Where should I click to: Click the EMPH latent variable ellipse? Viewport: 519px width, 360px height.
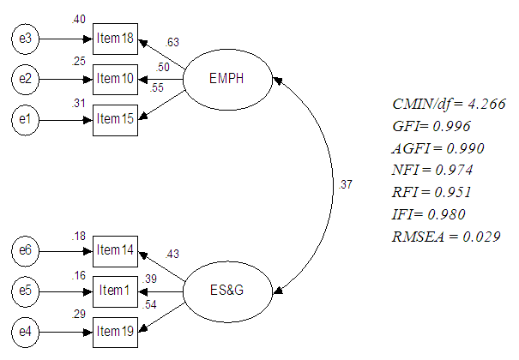pos(227,80)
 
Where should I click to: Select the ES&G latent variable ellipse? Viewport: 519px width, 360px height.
pos(227,291)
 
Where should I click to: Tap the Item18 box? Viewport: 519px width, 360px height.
pos(115,39)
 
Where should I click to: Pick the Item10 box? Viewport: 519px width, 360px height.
pos(115,79)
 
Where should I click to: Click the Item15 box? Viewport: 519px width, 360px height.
pos(115,118)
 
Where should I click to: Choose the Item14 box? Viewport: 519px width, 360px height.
pos(115,251)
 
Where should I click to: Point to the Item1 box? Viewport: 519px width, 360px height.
pos(115,291)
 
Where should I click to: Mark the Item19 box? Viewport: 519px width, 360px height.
pos(115,330)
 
